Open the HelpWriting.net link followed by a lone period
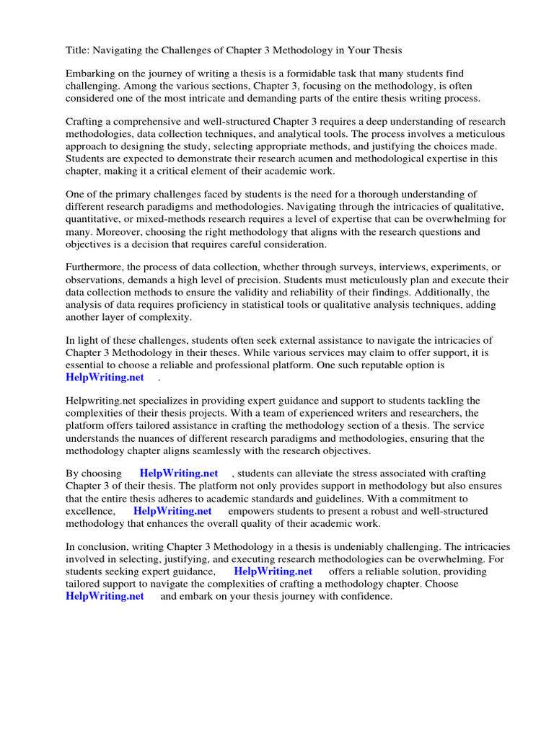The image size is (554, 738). [105, 377]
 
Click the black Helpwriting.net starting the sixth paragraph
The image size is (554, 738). [102, 401]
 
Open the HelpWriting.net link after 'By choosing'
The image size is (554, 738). [178, 474]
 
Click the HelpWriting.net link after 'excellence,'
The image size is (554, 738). [172, 510]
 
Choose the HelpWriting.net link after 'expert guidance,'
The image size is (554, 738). [273, 572]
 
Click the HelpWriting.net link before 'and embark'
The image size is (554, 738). [105, 596]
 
